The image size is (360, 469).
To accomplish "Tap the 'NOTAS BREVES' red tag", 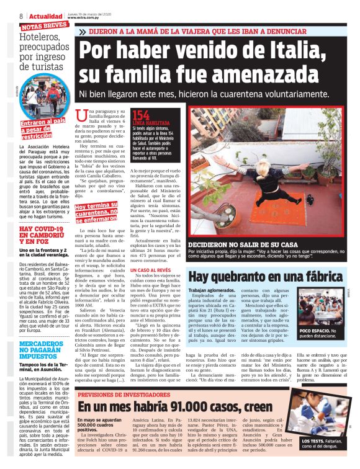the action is [x=44, y=27].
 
